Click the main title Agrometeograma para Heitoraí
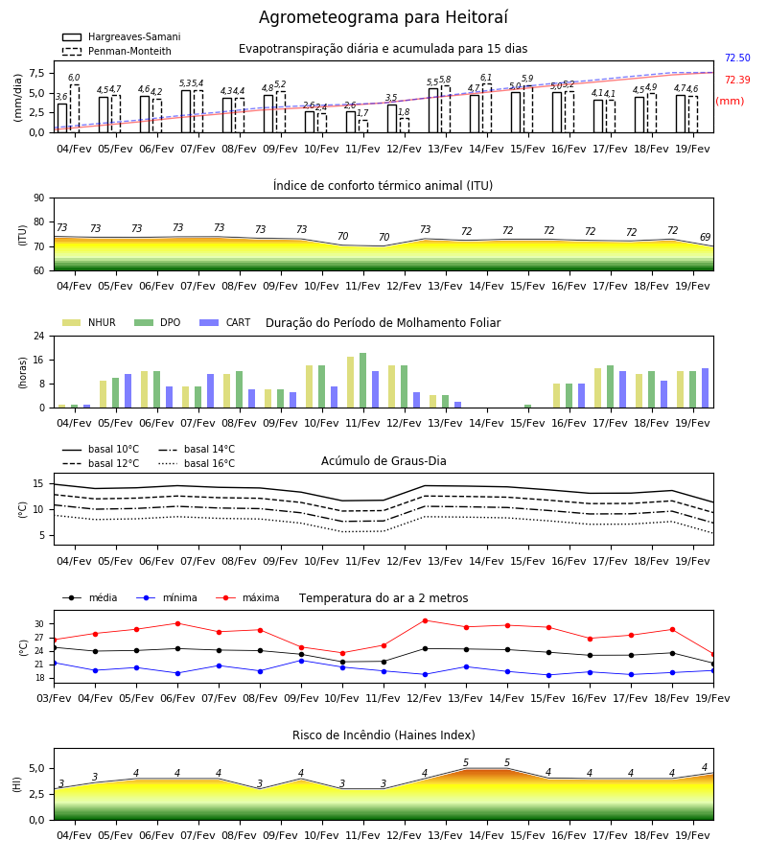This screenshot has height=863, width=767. coord(383,17)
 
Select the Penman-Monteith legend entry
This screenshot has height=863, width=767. coord(117,51)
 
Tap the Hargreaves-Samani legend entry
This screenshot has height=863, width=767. coord(121,36)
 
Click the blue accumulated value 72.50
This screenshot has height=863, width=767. coord(737,58)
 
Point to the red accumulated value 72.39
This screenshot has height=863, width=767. coord(737,80)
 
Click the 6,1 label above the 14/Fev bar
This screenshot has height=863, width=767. coord(486,78)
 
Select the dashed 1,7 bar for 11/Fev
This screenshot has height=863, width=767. coord(363,127)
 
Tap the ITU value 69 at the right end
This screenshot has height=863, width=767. coord(705,237)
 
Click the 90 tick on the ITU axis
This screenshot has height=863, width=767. coord(39,198)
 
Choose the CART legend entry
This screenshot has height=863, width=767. coord(225,322)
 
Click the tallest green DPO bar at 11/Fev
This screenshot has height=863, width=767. coord(363,381)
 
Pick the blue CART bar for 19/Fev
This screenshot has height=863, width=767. coord(706,388)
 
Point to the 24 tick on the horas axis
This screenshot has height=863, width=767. coord(39,336)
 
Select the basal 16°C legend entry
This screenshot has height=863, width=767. coord(197,463)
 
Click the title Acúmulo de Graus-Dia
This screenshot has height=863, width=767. coord(383,461)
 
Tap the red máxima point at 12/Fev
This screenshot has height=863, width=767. coord(425,620)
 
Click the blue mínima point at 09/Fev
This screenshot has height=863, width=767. coord(301,661)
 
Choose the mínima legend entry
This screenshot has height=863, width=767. coord(167,597)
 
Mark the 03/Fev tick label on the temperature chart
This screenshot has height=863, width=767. coord(54,698)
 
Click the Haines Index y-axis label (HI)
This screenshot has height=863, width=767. coord(17,784)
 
